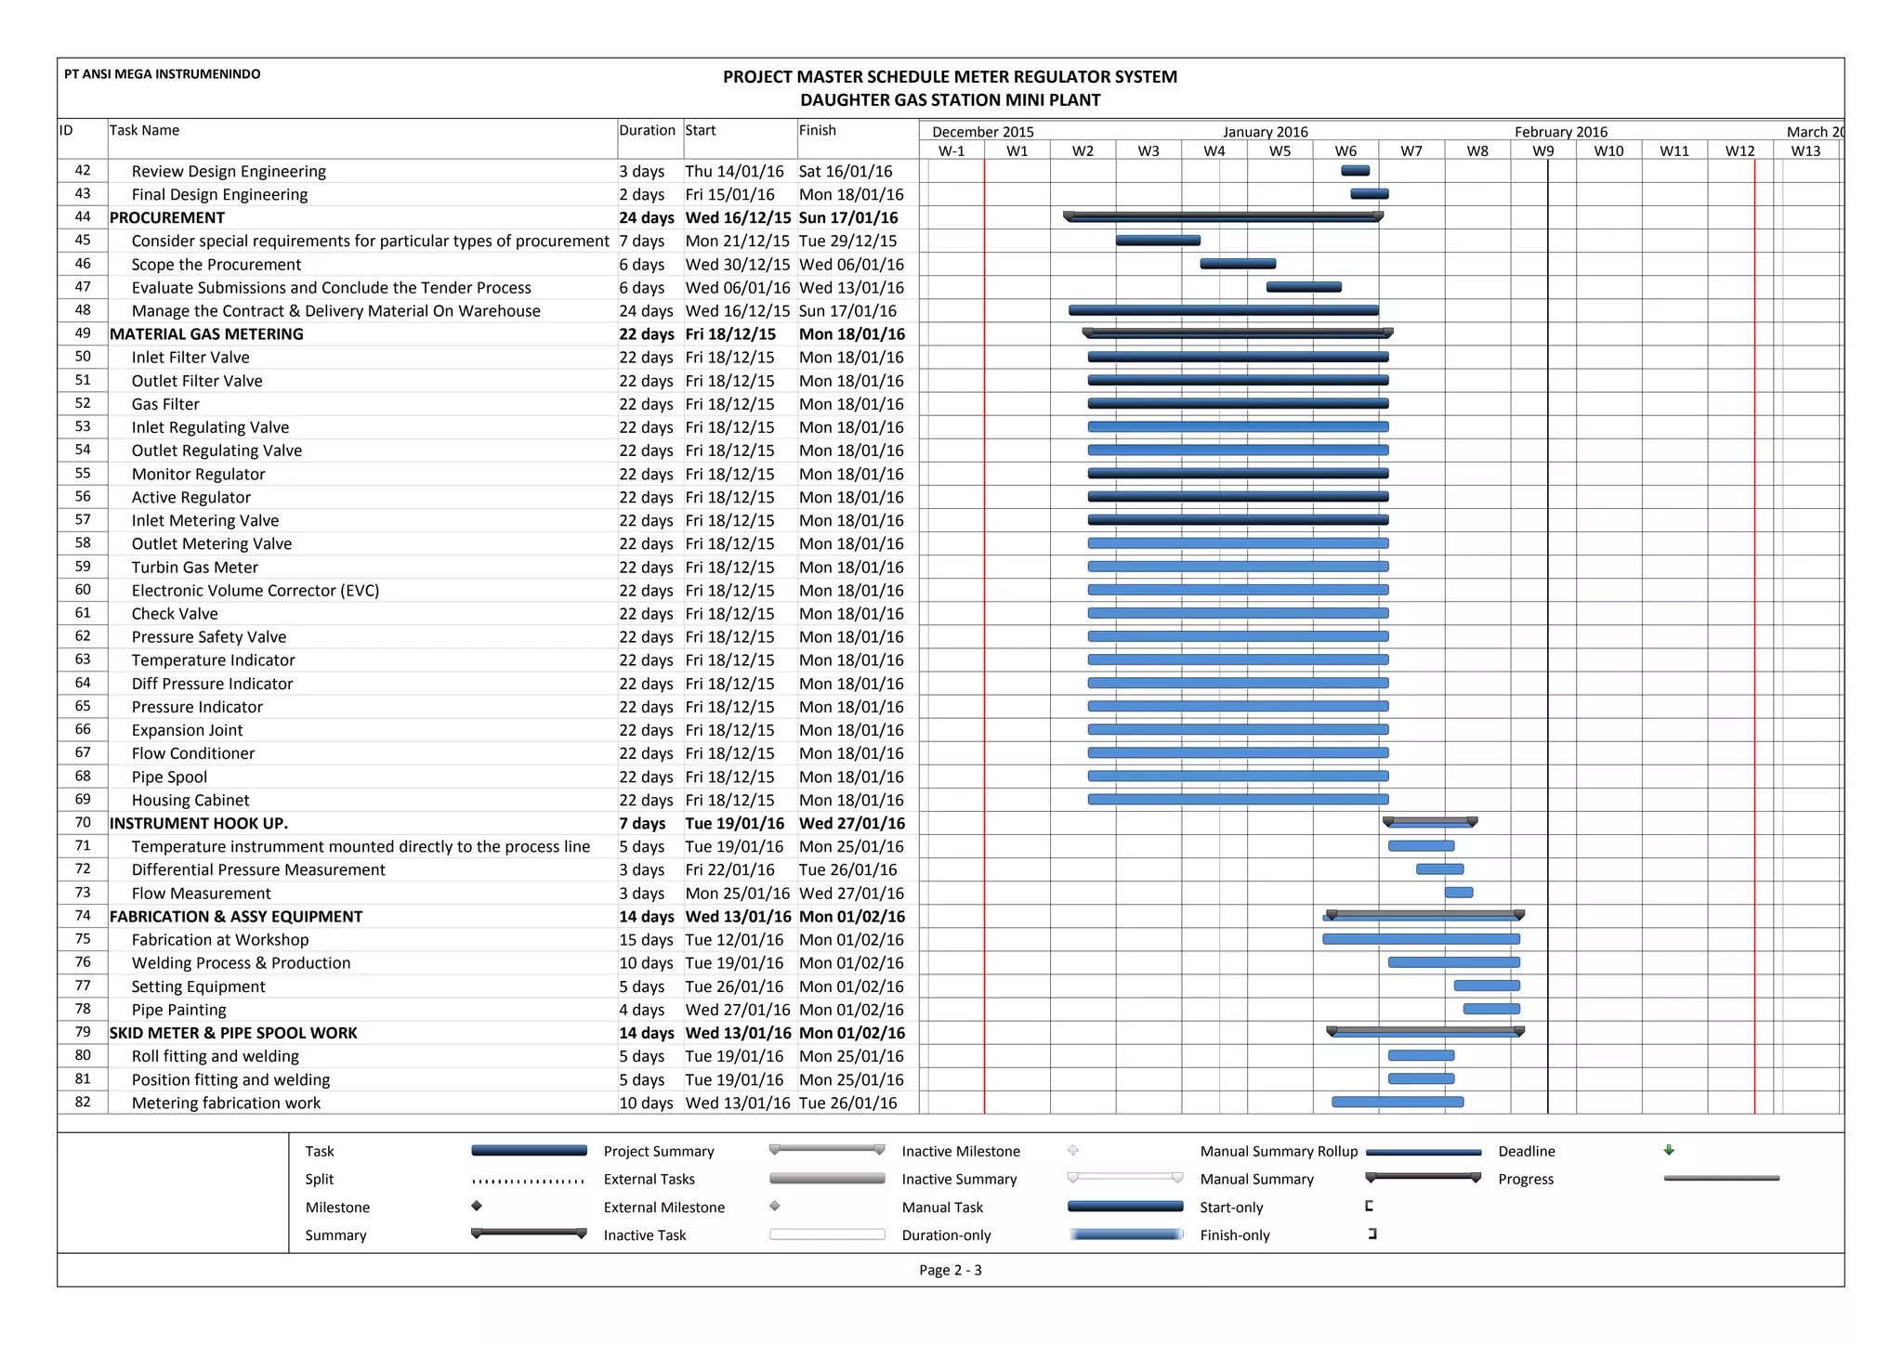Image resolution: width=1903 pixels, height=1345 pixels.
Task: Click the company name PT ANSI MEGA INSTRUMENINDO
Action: tap(163, 74)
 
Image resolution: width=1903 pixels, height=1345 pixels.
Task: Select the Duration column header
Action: tap(647, 131)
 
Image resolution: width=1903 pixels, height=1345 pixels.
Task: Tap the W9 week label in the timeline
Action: tap(1542, 151)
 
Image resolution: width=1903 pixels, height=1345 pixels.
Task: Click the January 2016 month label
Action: tap(1265, 132)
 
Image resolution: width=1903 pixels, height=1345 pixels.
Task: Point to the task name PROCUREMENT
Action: tap(167, 218)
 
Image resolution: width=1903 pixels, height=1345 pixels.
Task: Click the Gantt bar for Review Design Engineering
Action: tap(1355, 171)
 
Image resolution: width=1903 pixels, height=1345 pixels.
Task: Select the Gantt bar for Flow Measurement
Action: tap(1458, 893)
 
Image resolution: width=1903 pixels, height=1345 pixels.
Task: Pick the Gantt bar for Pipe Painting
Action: tap(1491, 1009)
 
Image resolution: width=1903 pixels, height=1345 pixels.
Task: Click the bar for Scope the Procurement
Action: tap(1238, 264)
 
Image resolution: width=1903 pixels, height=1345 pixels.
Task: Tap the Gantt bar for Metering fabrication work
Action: tap(1398, 1103)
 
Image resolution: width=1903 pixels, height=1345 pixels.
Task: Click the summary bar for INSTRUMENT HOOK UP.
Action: tap(1430, 822)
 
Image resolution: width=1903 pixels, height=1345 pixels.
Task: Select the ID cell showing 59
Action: tap(83, 567)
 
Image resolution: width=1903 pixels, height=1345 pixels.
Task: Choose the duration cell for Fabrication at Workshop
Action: tap(646, 940)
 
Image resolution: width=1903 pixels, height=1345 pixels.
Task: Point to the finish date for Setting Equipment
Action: tap(851, 986)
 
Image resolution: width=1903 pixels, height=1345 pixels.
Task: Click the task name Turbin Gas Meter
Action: tap(195, 568)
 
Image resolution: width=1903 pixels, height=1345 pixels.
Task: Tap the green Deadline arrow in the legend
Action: tap(1669, 1150)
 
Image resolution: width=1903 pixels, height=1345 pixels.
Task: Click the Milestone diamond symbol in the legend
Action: tap(477, 1207)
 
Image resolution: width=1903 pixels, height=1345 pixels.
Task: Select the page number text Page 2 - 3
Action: tap(950, 1270)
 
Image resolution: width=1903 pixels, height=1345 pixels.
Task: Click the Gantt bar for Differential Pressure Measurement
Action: tap(1439, 869)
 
